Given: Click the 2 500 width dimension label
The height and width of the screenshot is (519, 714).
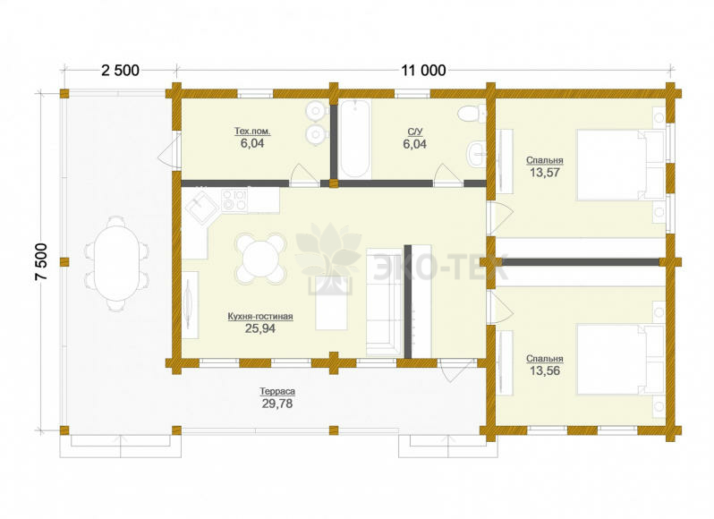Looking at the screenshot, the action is tap(120, 71).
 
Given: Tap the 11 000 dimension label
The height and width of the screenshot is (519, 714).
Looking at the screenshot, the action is tap(423, 71).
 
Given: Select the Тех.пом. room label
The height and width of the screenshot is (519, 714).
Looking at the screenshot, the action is tap(252, 132).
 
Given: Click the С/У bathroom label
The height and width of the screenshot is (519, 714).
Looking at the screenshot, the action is tap(415, 132).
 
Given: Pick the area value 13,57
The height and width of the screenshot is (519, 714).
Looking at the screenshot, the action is tap(545, 173).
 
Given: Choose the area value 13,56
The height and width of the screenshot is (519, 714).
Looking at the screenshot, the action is tap(545, 371).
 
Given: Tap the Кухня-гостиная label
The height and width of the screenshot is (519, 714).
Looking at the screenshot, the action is tap(260, 317).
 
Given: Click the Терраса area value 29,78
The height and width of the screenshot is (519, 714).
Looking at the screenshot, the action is tap(277, 404).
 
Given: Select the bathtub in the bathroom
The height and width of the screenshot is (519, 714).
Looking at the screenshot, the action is tap(355, 139).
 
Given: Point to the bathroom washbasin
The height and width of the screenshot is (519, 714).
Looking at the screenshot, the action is tap(475, 154).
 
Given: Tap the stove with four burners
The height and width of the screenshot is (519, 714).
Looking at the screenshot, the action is tap(234, 200).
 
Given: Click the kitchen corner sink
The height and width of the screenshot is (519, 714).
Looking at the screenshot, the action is tap(200, 208).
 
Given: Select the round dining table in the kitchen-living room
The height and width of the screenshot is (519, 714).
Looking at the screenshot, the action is tap(260, 258).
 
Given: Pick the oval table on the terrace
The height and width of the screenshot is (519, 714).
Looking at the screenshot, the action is tap(116, 264).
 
